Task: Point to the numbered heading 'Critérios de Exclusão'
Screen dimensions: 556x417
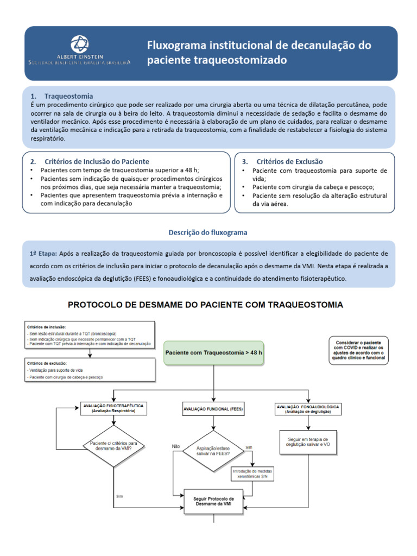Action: point(289,162)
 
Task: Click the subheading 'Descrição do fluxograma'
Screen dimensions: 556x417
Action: point(208,232)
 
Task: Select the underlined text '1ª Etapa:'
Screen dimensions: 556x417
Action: point(43,254)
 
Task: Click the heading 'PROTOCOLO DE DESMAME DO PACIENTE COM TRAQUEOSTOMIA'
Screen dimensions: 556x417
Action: point(205,305)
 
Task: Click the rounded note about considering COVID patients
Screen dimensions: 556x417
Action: point(358,350)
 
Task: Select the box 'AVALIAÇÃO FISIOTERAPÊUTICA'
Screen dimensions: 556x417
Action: point(113,408)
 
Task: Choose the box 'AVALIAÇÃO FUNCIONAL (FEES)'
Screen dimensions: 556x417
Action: point(213,408)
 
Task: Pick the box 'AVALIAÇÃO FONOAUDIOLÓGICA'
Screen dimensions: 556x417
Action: point(308,408)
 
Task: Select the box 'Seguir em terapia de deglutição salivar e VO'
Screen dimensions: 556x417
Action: point(308,441)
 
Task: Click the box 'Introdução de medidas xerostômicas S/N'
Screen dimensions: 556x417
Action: point(253,474)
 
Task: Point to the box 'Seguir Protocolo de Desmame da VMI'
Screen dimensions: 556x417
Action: point(214,502)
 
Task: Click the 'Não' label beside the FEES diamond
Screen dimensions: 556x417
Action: point(176,446)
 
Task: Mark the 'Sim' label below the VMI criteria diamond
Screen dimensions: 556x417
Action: point(119,496)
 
